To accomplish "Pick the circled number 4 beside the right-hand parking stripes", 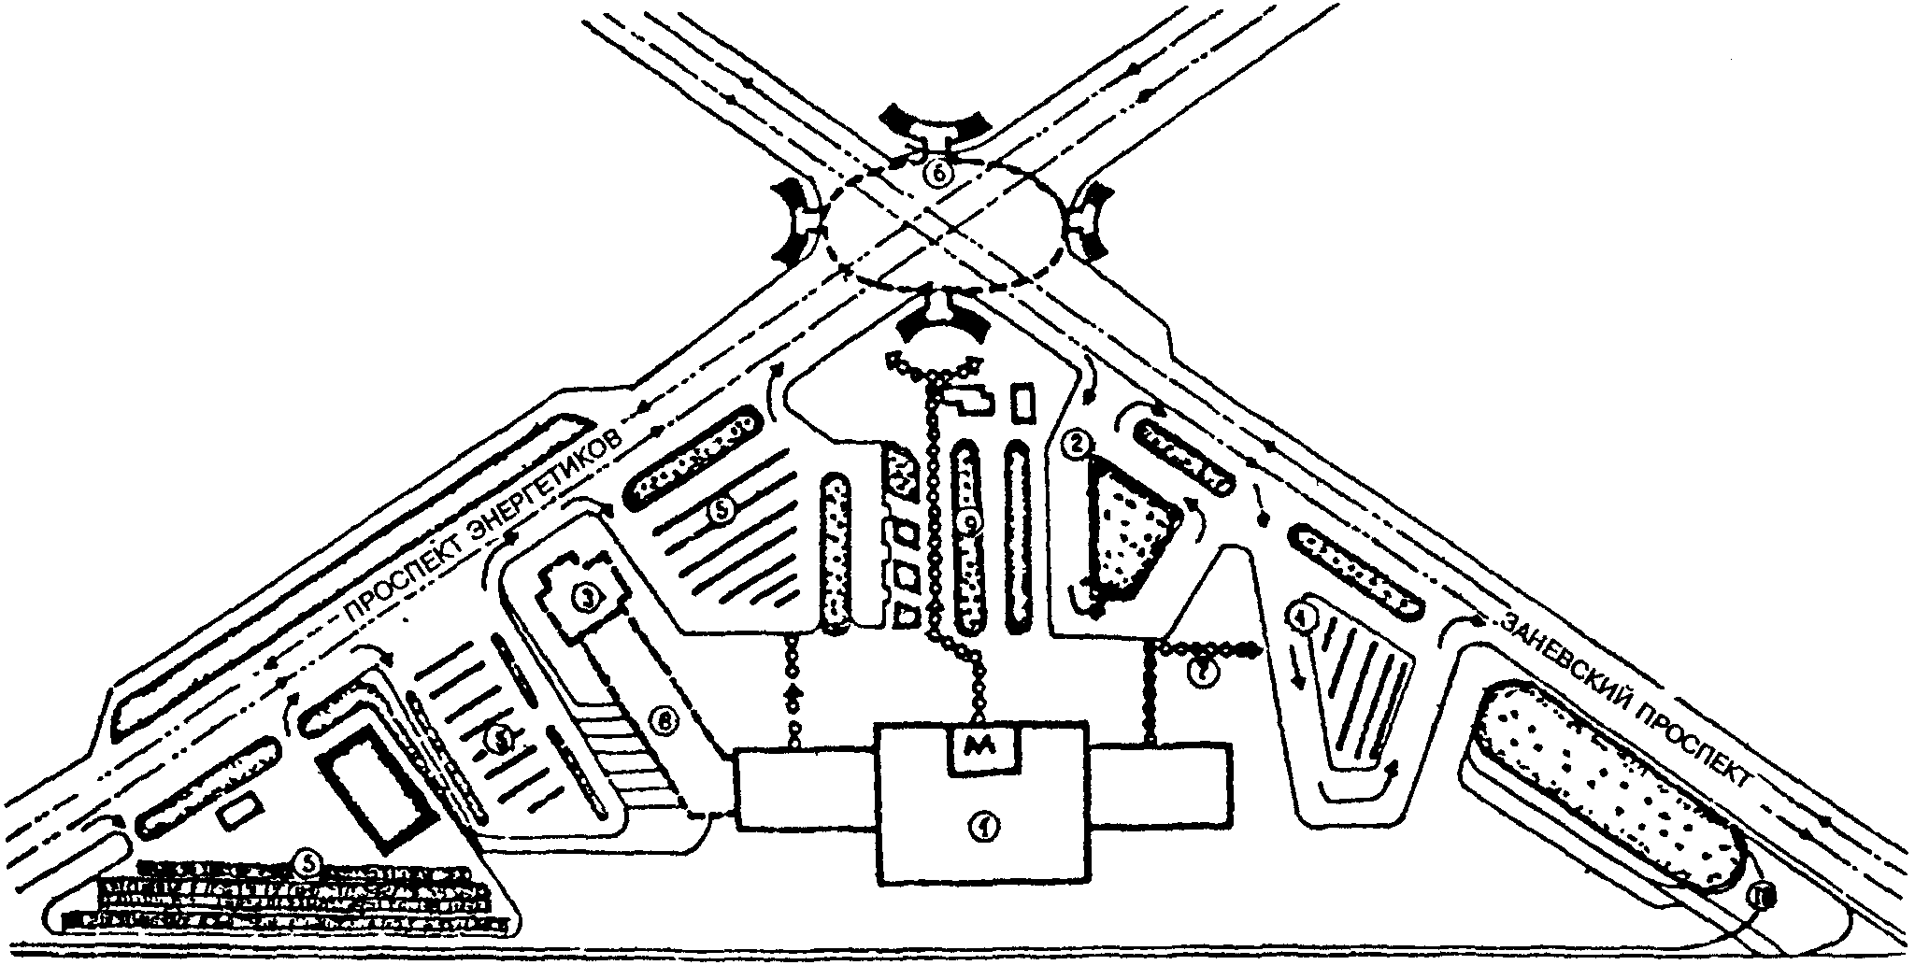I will (x=1302, y=616).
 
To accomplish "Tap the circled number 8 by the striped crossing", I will (x=664, y=720).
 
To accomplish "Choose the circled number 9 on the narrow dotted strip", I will (x=972, y=526).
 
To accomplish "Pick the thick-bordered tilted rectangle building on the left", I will (x=377, y=785).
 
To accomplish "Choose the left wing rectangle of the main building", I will (x=806, y=788).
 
